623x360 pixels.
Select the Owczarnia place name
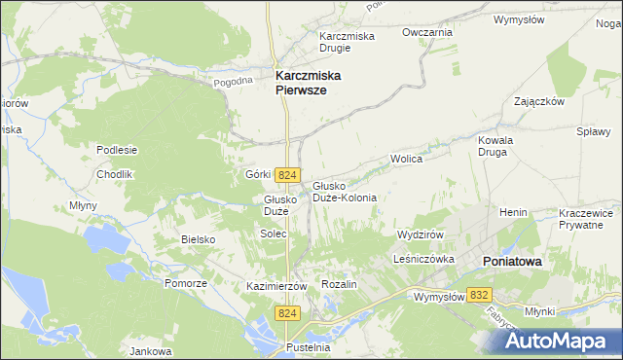click(428, 32)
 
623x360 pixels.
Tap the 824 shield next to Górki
click(286, 174)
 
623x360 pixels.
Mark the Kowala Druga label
click(495, 146)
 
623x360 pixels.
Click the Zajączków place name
click(539, 101)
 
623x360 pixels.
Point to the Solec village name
click(272, 234)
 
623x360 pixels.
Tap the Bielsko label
click(198, 238)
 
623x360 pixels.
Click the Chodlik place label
click(114, 174)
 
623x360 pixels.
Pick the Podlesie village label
click(117, 150)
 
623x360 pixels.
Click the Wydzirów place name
click(421, 235)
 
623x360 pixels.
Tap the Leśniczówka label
click(425, 260)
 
